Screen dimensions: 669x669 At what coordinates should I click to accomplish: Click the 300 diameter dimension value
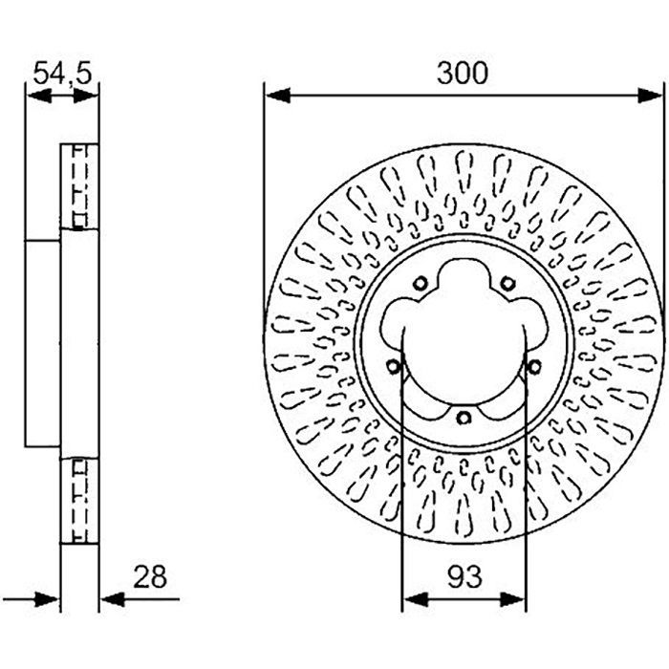click(462, 73)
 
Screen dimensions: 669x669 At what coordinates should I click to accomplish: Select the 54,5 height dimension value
click(62, 73)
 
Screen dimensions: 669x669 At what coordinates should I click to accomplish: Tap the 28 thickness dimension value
click(150, 577)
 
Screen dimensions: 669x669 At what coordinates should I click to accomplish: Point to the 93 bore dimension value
click(464, 577)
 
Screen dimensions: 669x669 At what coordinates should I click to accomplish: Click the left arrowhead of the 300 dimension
click(278, 96)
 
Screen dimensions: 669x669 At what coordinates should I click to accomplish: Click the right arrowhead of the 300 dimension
click(650, 96)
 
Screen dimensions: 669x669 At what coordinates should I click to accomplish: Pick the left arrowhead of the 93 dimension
click(416, 599)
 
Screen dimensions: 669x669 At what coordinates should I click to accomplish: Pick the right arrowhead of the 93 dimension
click(512, 599)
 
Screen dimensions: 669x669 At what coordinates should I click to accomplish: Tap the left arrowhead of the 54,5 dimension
click(39, 96)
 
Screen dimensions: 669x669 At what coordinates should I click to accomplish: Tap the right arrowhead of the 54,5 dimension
click(86, 96)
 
